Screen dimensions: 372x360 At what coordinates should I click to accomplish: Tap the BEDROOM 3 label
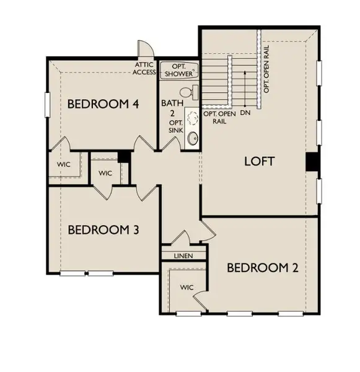[103, 229]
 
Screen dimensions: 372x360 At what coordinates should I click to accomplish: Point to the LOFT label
[259, 161]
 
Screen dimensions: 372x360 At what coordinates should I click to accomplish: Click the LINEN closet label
[183, 256]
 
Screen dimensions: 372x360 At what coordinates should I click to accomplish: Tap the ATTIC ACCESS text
[145, 68]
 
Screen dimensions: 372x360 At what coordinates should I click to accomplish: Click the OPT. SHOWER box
[179, 70]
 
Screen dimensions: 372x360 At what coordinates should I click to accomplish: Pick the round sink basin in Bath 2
[191, 138]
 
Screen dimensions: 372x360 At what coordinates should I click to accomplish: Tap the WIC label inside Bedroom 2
[187, 288]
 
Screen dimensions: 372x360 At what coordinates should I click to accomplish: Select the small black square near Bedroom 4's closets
[123, 157]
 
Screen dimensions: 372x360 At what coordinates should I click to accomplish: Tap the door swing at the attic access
[144, 50]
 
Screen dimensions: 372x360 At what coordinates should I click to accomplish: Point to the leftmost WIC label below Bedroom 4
[64, 165]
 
